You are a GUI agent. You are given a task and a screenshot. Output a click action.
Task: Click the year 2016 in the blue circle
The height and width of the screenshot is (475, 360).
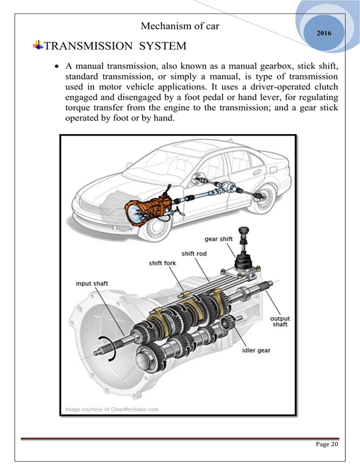[324, 33]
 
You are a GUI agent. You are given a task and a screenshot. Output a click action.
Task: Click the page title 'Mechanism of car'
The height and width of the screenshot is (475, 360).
[180, 26]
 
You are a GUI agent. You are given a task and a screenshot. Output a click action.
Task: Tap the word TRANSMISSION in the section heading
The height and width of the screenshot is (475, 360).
[88, 46]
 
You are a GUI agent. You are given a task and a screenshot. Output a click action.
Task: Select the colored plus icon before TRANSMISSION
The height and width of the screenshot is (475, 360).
[38, 45]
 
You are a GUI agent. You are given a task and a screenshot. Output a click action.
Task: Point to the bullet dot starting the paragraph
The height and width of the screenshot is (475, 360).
[56, 66]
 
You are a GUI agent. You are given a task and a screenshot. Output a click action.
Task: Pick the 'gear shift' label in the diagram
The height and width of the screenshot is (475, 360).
[219, 239]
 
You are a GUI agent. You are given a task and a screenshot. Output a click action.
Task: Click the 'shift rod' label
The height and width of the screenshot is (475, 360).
[194, 254]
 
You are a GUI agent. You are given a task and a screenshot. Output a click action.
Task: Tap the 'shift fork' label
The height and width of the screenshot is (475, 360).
[162, 263]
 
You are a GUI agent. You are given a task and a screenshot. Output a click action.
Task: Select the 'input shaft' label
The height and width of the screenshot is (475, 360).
[92, 284]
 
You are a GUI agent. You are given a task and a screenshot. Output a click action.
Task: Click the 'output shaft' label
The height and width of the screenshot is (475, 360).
[280, 321]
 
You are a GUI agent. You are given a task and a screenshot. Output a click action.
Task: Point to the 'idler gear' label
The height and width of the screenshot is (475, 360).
[256, 350]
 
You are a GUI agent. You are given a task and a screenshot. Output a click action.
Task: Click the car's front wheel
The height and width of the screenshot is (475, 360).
[156, 228]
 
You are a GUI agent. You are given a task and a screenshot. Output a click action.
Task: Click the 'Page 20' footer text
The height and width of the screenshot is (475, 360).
[327, 444]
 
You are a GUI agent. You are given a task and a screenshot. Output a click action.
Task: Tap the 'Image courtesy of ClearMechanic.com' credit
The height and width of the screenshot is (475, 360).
[112, 410]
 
